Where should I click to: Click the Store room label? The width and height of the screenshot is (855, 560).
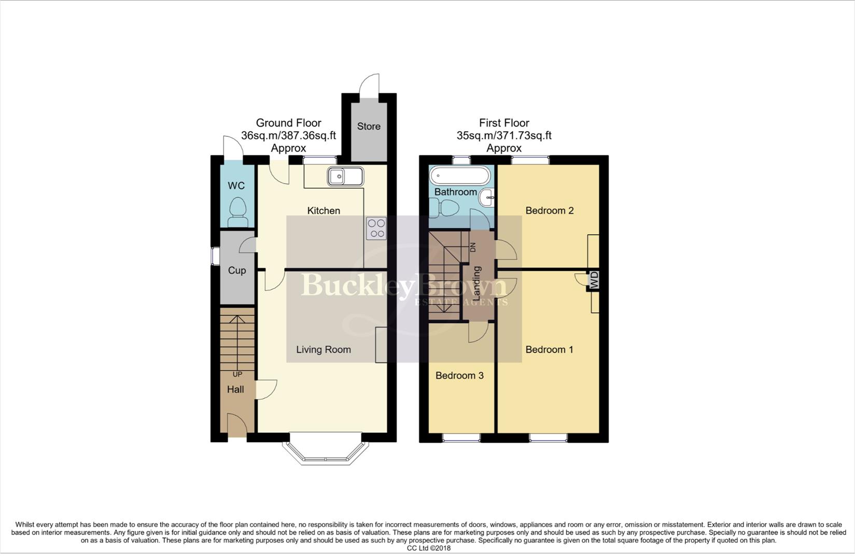pyautogui.click(x=369, y=126)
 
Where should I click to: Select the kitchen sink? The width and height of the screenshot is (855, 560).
pyautogui.click(x=345, y=177)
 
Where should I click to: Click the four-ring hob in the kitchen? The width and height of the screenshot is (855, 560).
pyautogui.click(x=376, y=228)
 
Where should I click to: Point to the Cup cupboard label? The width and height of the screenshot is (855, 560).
pyautogui.click(x=237, y=270)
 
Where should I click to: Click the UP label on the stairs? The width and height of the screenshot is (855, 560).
pyautogui.click(x=237, y=374)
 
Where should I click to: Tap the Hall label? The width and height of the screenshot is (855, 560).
pyautogui.click(x=235, y=389)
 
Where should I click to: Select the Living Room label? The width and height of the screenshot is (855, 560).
pyautogui.click(x=324, y=349)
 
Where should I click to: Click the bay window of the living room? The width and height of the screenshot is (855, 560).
pyautogui.click(x=325, y=452)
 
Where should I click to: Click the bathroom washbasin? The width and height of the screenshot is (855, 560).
pyautogui.click(x=487, y=198)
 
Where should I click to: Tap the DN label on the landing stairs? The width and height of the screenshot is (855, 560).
pyautogui.click(x=472, y=247)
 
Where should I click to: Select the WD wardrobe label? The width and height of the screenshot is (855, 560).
pyautogui.click(x=594, y=280)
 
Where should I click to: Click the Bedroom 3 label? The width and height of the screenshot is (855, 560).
pyautogui.click(x=459, y=375)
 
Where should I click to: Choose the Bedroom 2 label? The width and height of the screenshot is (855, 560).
pyautogui.click(x=550, y=211)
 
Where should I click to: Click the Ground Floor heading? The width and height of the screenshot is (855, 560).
pyautogui.click(x=288, y=123)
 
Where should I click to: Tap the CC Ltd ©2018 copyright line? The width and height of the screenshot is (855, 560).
pyautogui.click(x=428, y=548)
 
